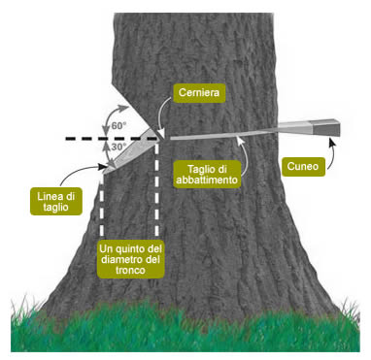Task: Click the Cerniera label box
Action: click(199, 93)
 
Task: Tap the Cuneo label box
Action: click(303, 167)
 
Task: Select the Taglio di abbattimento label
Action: click(208, 175)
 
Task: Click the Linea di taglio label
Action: click(56, 201)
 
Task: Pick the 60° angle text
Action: click(118, 126)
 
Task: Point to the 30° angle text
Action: click(118, 147)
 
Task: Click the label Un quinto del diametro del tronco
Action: click(130, 259)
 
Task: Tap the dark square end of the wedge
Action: click(326, 127)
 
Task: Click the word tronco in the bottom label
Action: click(130, 270)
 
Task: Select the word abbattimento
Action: click(208, 180)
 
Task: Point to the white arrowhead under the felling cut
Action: click(239, 140)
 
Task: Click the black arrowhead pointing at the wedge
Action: click(331, 141)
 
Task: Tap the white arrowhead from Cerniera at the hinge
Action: click(161, 134)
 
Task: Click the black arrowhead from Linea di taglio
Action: click(103, 167)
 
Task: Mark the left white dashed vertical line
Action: click(102, 205)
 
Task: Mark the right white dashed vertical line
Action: click(157, 190)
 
